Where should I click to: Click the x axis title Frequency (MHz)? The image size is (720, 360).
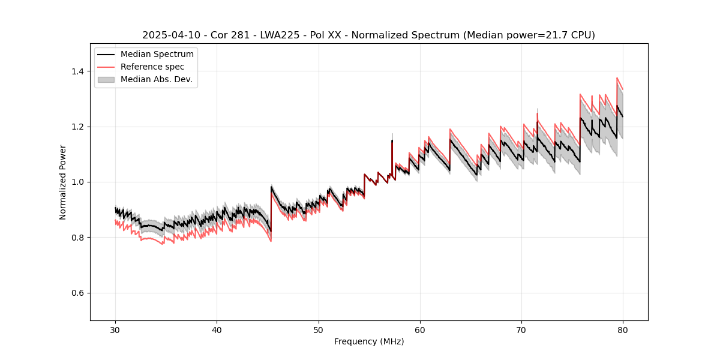coord(368,341)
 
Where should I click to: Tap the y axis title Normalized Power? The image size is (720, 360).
coord(63,182)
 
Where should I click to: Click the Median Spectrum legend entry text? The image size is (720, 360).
coord(157,55)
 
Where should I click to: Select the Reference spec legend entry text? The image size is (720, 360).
coord(152,67)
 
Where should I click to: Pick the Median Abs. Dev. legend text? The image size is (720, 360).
coord(156,79)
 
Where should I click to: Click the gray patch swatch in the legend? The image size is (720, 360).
coord(107,79)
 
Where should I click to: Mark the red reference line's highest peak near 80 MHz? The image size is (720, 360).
coord(617,77)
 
